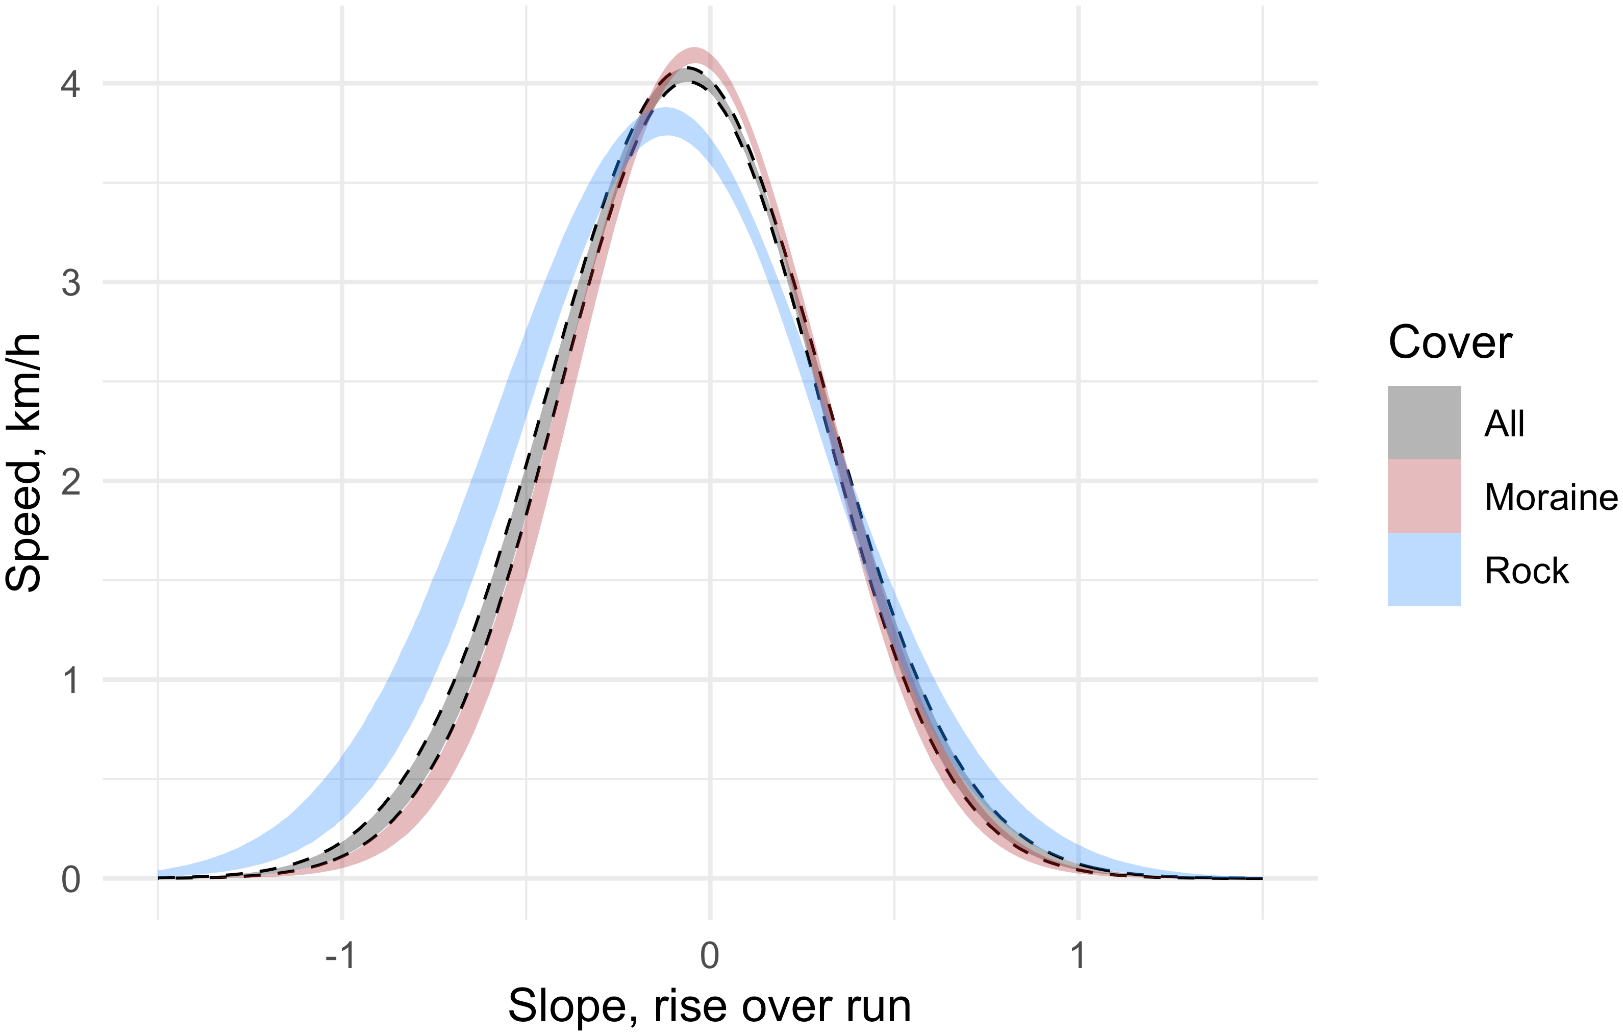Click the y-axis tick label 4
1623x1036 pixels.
point(71,85)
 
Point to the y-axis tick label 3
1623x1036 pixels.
point(71,283)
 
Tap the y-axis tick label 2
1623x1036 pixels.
point(71,482)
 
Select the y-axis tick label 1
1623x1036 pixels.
point(71,681)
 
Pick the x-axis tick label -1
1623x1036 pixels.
point(340,955)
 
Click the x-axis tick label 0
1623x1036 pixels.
point(710,955)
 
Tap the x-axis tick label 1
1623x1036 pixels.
point(1079,955)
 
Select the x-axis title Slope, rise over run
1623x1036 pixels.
point(709,1006)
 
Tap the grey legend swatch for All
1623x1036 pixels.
point(1424,423)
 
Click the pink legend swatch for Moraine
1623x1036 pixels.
point(1424,496)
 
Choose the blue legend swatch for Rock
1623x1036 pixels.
point(1424,570)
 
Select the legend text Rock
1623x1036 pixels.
point(1527,571)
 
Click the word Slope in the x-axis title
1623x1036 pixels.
point(573,1006)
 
